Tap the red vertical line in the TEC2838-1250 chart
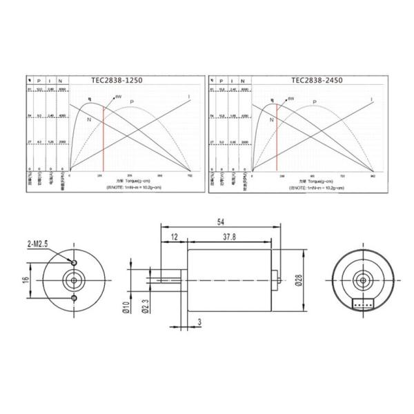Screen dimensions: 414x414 click(x=103, y=138)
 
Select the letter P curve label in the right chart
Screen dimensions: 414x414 click(x=315, y=102)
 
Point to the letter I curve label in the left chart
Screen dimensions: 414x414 click(x=189, y=97)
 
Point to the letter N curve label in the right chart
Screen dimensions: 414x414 click(x=271, y=119)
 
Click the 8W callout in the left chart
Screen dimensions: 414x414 click(x=118, y=97)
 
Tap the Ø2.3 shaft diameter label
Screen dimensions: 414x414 click(x=147, y=304)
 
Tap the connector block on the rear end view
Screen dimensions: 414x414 click(x=362, y=302)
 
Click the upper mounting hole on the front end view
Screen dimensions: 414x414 click(x=75, y=262)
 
